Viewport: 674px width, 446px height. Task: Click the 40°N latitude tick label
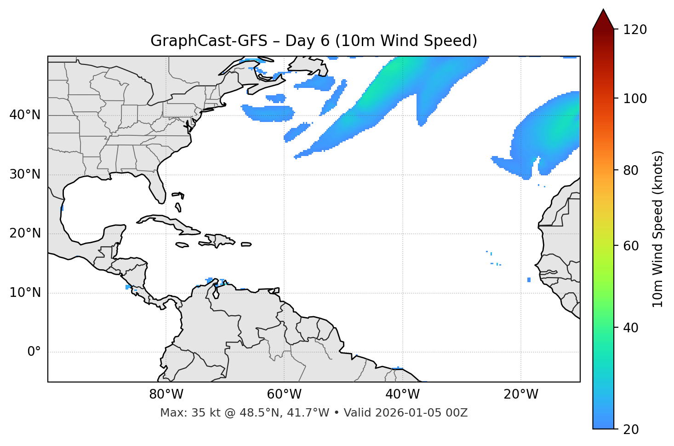click(x=25, y=115)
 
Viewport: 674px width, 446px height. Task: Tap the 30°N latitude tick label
click(x=25, y=174)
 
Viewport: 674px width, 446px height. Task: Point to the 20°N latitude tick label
click(x=25, y=233)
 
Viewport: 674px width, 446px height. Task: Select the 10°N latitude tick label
click(x=25, y=293)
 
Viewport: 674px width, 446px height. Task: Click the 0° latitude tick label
click(x=34, y=352)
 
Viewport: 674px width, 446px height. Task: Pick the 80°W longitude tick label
click(x=166, y=394)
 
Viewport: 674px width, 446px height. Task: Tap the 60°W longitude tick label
click(x=284, y=394)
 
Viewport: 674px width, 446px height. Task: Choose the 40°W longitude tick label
click(x=402, y=394)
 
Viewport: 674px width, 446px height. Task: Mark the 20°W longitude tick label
click(x=520, y=394)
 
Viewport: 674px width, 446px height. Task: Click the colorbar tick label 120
click(x=634, y=29)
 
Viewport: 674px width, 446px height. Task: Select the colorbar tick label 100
click(x=634, y=98)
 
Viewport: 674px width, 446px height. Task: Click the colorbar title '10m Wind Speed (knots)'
click(x=658, y=229)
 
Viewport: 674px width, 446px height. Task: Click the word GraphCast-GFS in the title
click(x=209, y=41)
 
